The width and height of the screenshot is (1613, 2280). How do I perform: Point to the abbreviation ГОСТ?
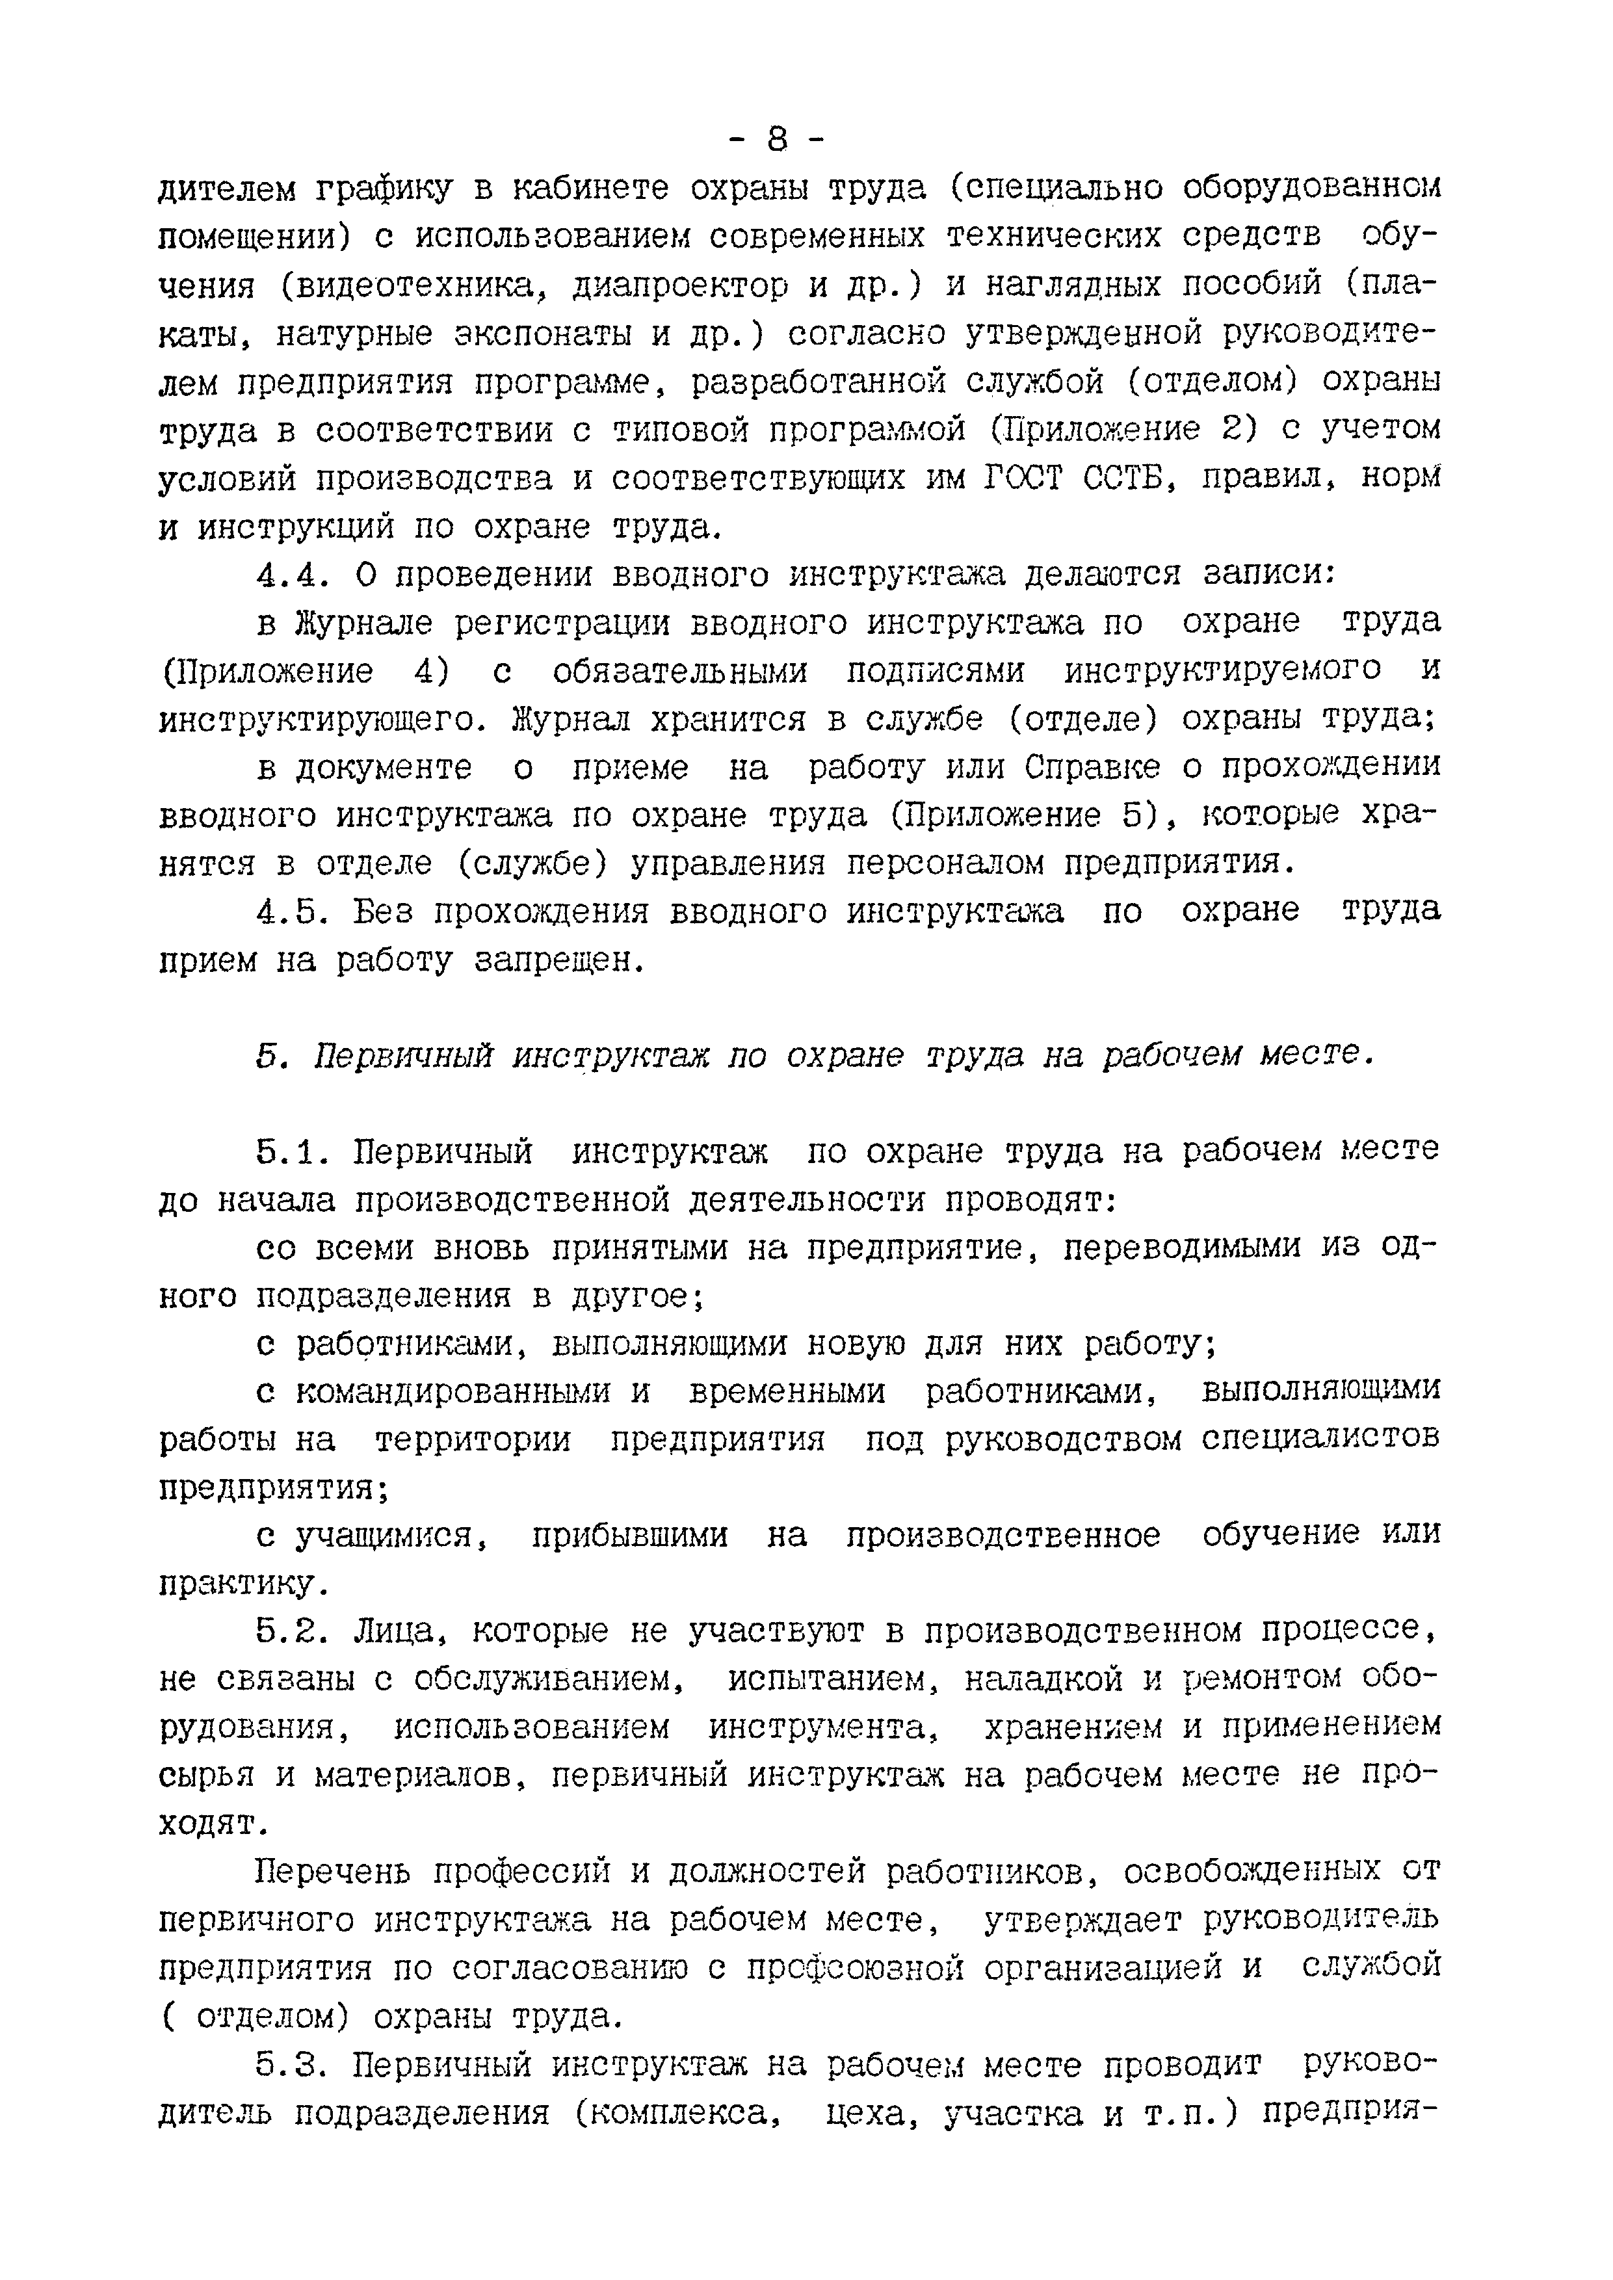[x=1022, y=478]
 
